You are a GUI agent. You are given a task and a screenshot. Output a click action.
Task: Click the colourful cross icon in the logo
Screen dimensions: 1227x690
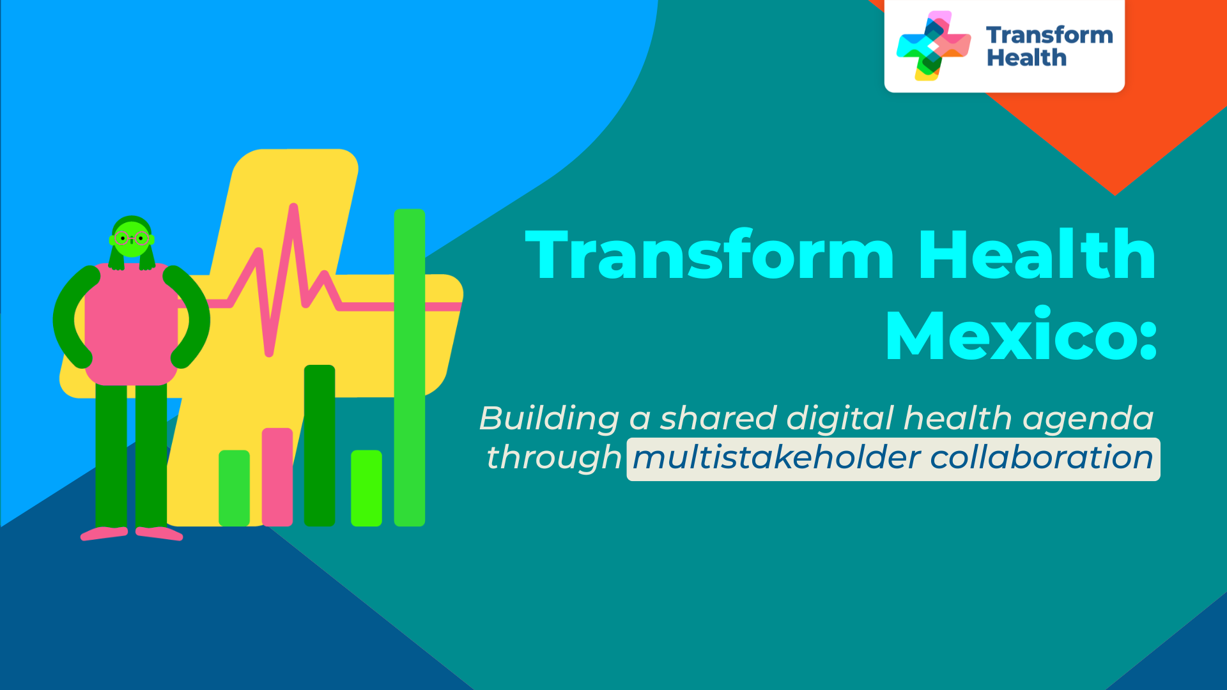pyautogui.click(x=934, y=45)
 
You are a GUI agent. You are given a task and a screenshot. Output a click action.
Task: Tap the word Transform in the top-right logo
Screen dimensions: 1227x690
pyautogui.click(x=1049, y=35)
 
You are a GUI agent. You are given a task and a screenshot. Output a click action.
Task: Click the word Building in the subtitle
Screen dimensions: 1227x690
pyautogui.click(x=550, y=419)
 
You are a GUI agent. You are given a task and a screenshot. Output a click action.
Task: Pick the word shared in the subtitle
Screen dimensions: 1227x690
pyautogui.click(x=718, y=418)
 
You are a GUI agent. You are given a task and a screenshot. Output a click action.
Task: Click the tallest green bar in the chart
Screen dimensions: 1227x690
pyautogui.click(x=410, y=367)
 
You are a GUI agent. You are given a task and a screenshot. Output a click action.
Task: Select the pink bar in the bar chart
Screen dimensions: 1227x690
pyautogui.click(x=277, y=477)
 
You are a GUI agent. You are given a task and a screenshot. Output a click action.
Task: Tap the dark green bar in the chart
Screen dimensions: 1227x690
pyautogui.click(x=320, y=445)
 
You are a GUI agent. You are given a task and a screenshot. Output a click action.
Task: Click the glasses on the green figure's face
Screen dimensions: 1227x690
pyautogui.click(x=132, y=239)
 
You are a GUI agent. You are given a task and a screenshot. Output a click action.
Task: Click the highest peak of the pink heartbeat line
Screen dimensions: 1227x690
pyautogui.click(x=293, y=207)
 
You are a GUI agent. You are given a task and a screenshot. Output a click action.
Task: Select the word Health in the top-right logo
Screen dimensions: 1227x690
pyautogui.click(x=1026, y=58)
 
